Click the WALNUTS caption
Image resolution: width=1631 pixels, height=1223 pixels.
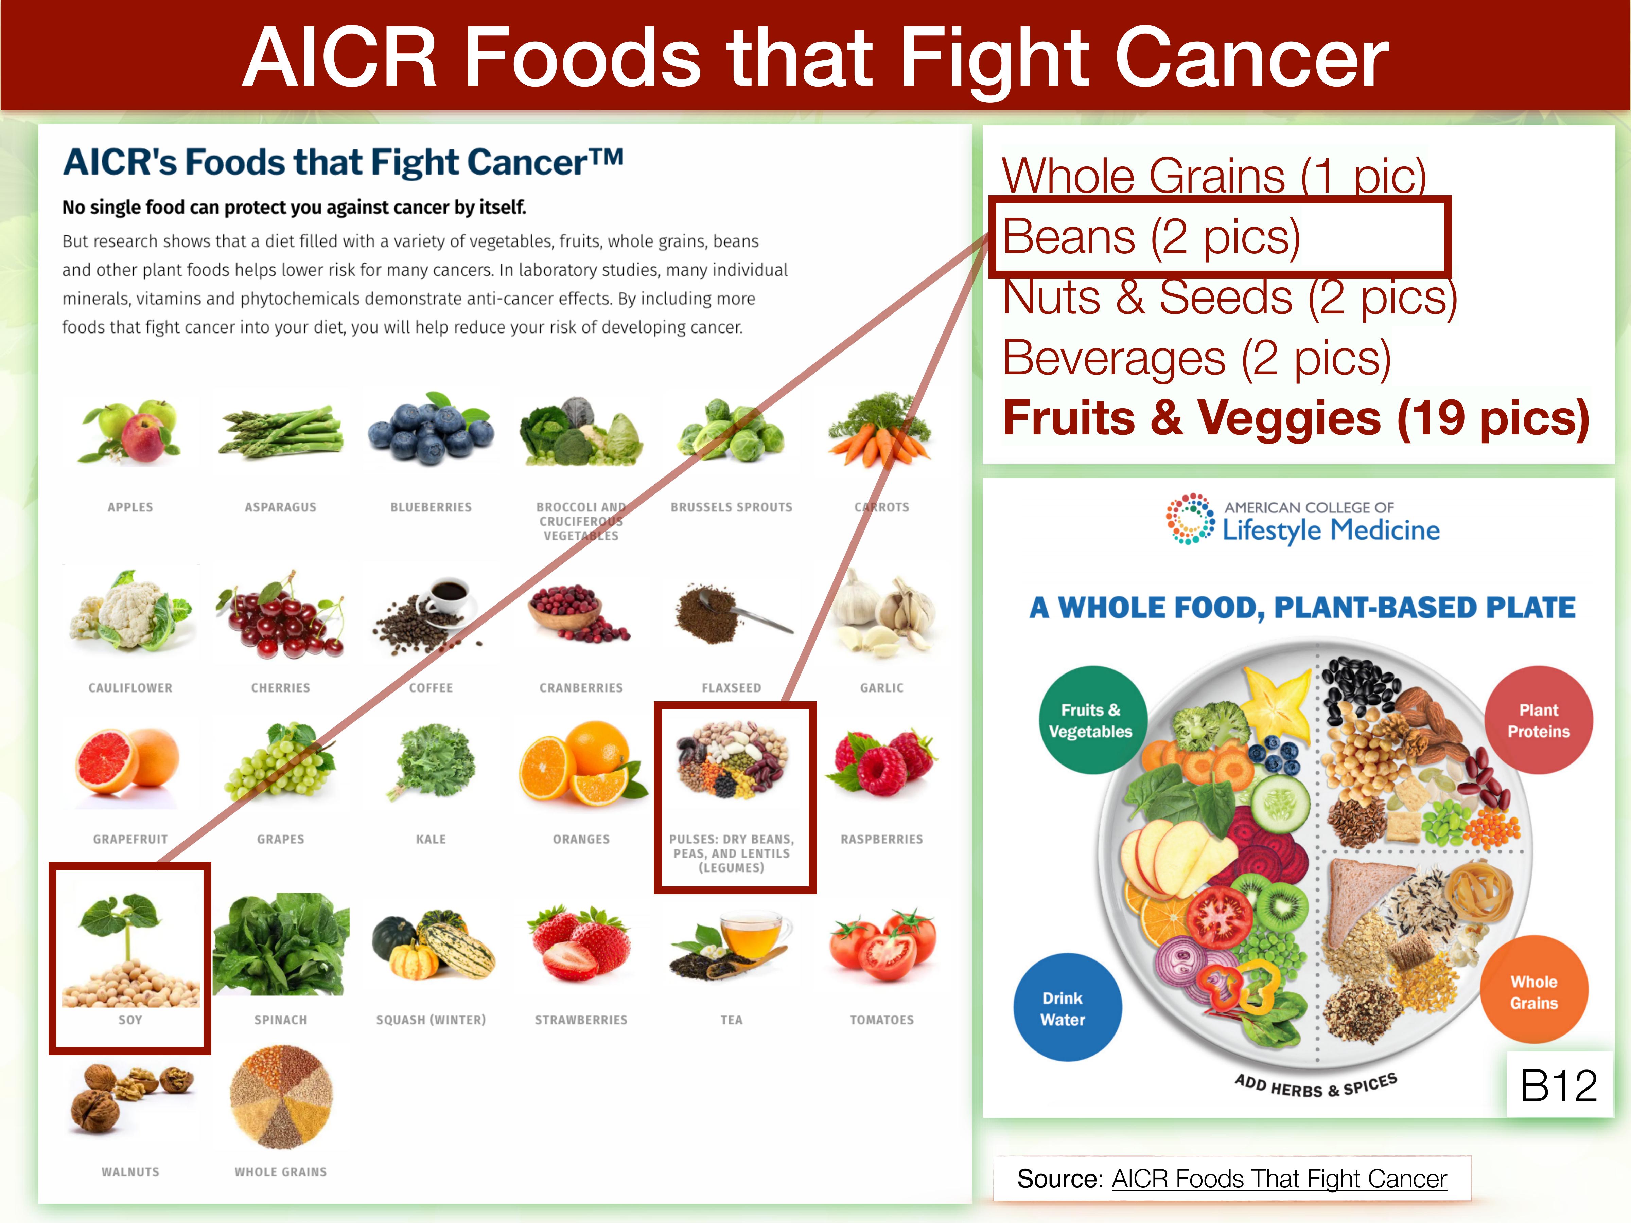click(130, 1171)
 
